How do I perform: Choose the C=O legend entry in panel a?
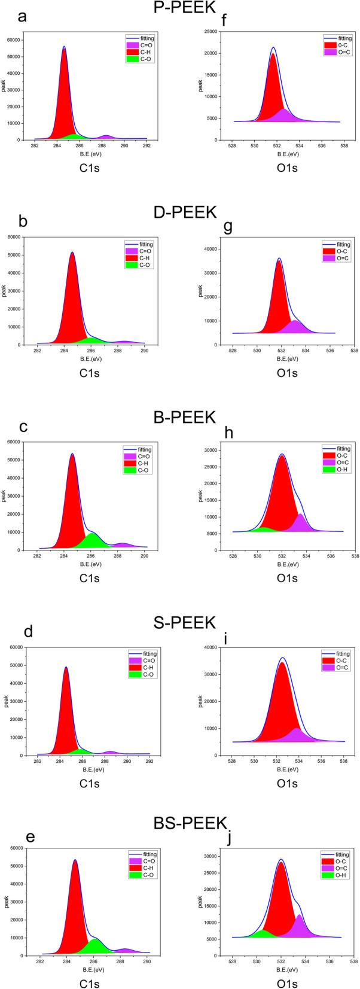pos(146,45)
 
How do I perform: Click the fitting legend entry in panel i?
pos(341,653)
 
